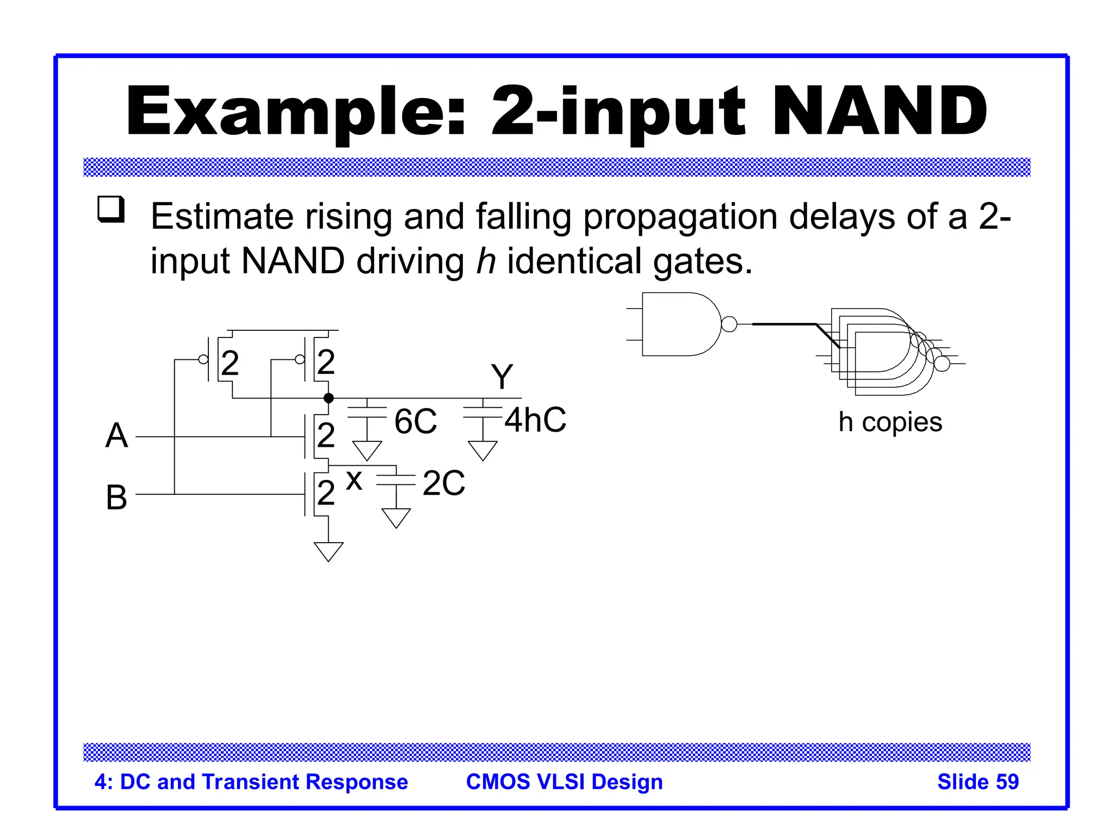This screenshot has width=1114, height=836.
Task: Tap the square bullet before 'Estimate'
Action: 111,210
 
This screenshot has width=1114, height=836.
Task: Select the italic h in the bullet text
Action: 485,261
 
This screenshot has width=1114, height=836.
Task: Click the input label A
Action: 116,435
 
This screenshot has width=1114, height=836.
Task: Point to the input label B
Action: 116,497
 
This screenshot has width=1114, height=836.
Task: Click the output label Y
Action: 502,377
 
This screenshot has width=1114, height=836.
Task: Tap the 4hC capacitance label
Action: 535,420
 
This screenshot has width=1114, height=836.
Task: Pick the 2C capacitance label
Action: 444,483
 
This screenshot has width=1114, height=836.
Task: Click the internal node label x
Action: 354,481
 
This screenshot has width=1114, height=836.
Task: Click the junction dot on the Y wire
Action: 329,398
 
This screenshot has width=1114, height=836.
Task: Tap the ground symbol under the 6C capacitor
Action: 367,450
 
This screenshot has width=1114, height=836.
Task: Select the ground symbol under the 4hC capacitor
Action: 482,450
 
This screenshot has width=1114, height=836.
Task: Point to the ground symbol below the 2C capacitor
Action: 396,518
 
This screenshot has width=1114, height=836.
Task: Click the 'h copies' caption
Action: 890,422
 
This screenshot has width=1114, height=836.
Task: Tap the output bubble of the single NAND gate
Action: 729,324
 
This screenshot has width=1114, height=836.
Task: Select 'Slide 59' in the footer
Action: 977,782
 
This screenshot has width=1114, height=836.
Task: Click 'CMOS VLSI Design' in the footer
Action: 564,782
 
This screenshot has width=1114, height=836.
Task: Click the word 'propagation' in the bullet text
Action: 680,217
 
